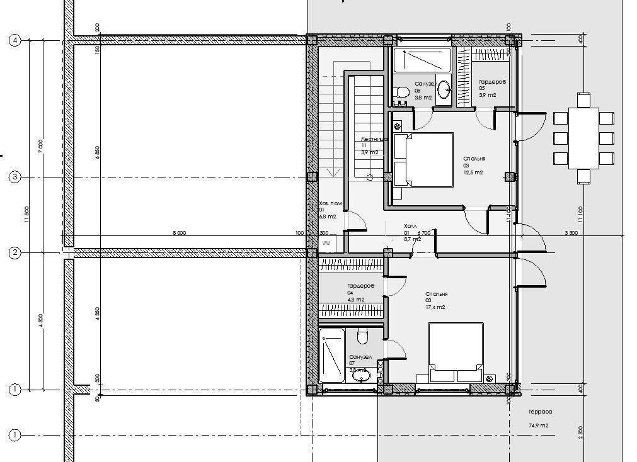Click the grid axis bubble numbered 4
pyautogui.click(x=15, y=40)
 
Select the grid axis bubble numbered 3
pyautogui.click(x=15, y=177)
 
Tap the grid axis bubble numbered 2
pyautogui.click(x=15, y=253)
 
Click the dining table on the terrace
pyautogui.click(x=583, y=137)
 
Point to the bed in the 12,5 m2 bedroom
pyautogui.click(x=423, y=160)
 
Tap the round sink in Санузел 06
pyautogui.click(x=444, y=87)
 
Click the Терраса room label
pyautogui.click(x=540, y=412)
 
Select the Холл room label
pyautogui.click(x=410, y=225)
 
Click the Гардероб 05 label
pyautogui.click(x=493, y=82)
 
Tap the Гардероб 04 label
pyautogui.click(x=360, y=286)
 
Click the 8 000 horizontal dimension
pyautogui.click(x=179, y=232)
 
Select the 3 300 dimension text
pyautogui.click(x=571, y=232)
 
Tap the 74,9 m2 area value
pyautogui.click(x=538, y=425)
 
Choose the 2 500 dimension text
pyautogui.click(x=580, y=433)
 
